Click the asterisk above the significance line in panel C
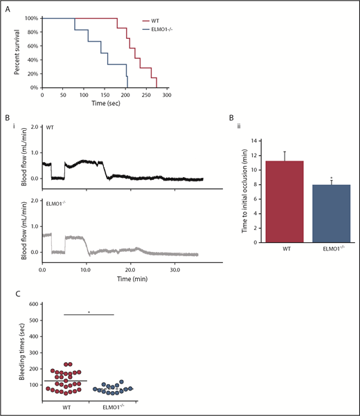coord(89,312)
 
